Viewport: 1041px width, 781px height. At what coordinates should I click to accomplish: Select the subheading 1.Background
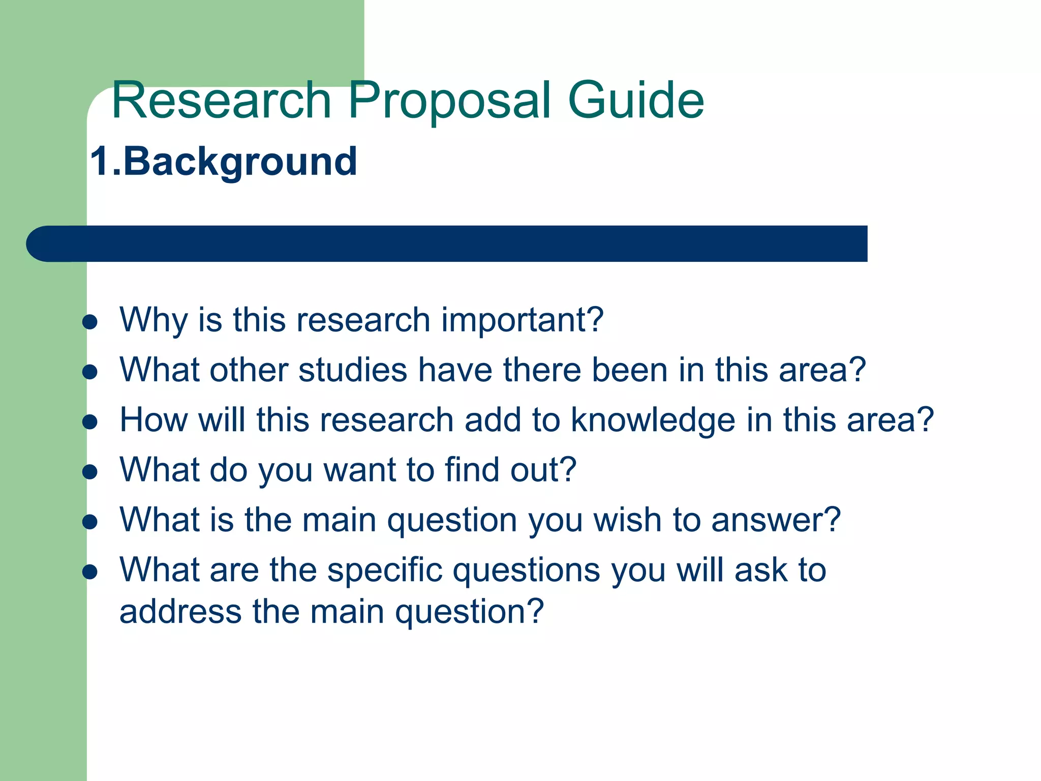click(224, 162)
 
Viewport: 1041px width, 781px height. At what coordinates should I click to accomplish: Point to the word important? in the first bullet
click(522, 320)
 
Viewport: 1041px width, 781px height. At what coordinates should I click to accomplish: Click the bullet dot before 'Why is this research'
click(90, 322)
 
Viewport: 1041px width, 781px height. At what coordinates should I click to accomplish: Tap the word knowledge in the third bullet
click(653, 420)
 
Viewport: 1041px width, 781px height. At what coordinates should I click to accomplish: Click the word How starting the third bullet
click(154, 420)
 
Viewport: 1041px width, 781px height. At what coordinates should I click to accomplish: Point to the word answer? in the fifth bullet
click(776, 520)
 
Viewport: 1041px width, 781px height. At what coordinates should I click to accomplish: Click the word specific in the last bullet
click(385, 570)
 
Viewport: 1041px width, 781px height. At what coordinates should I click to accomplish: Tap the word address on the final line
click(180, 611)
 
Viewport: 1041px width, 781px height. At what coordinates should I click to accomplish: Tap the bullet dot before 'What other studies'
click(90, 372)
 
